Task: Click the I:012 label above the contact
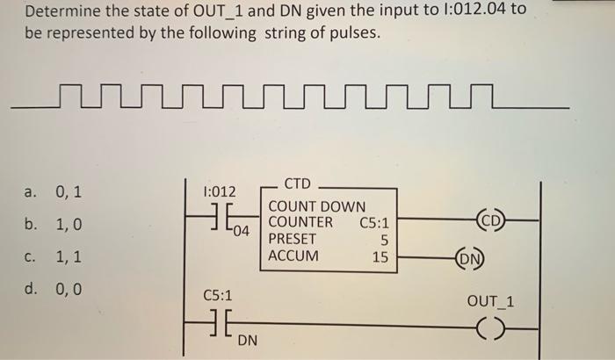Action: coord(218,191)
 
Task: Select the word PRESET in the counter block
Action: coord(293,238)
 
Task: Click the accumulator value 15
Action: coord(380,257)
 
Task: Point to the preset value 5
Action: coord(383,239)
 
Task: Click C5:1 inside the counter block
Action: coord(374,222)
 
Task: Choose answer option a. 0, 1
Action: coord(54,191)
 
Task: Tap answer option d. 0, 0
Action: coord(54,288)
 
